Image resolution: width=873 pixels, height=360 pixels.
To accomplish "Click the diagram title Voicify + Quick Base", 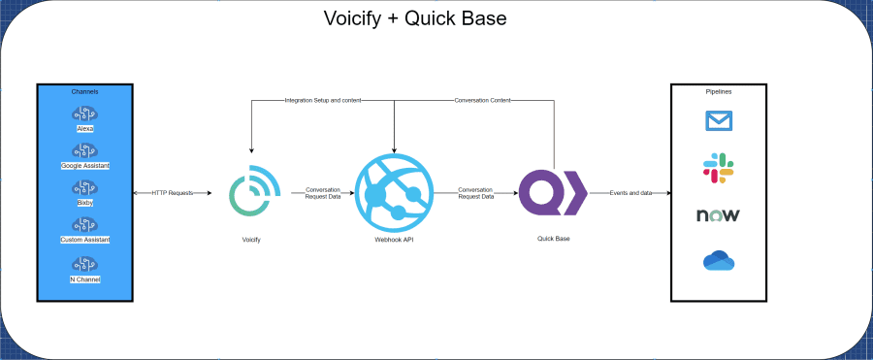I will point(415,18).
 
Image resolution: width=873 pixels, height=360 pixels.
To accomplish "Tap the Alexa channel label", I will point(85,128).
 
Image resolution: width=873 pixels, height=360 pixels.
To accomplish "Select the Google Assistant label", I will point(85,166).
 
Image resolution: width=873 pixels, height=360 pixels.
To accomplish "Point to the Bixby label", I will point(85,204).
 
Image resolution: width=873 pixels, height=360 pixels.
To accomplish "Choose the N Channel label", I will point(85,279).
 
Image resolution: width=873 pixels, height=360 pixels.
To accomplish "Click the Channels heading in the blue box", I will point(85,92).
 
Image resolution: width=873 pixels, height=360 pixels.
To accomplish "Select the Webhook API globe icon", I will point(393,194).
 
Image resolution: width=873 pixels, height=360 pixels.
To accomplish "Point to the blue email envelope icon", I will point(719,120).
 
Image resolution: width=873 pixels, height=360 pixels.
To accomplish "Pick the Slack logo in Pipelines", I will point(719,168).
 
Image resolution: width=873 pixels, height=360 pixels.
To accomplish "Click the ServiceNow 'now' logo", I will point(719,214).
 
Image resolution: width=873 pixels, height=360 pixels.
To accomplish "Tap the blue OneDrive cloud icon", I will point(719,260).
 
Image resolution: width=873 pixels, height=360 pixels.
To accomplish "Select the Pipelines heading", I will point(719,92).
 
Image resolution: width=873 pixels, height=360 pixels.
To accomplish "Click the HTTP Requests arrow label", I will point(173,193).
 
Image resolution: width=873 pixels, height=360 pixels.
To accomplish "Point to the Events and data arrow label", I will point(630,193).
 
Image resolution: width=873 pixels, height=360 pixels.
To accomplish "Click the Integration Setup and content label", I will point(323,100).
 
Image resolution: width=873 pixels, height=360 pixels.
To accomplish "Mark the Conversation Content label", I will point(482,100).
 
